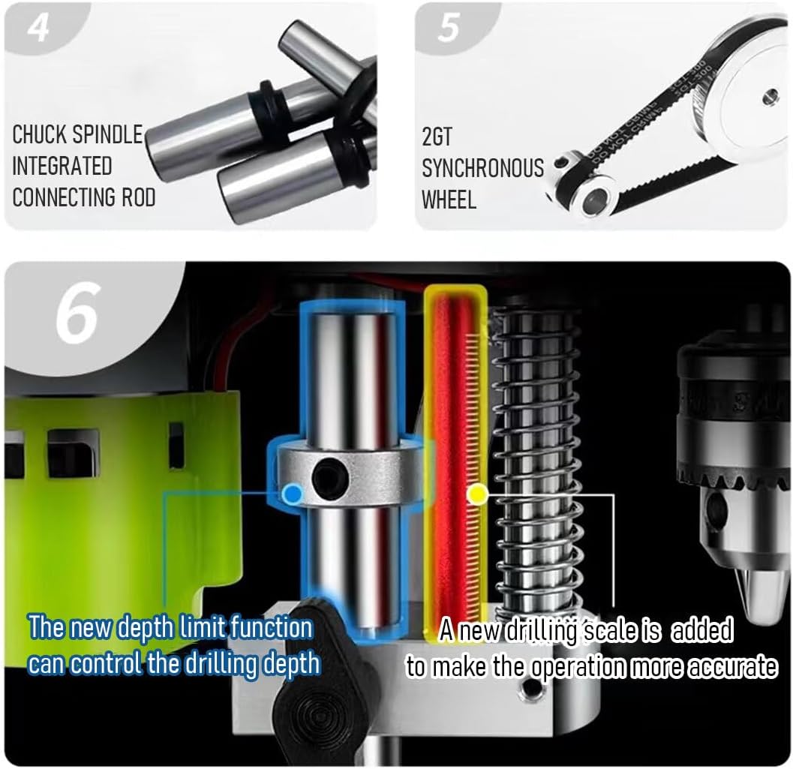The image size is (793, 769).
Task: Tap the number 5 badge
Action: (x=449, y=29)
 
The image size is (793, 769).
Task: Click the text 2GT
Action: (x=437, y=137)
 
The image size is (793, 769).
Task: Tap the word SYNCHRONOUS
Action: (x=482, y=169)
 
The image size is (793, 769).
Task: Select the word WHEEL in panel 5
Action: (x=449, y=200)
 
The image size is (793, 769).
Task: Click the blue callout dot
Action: (x=293, y=493)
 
